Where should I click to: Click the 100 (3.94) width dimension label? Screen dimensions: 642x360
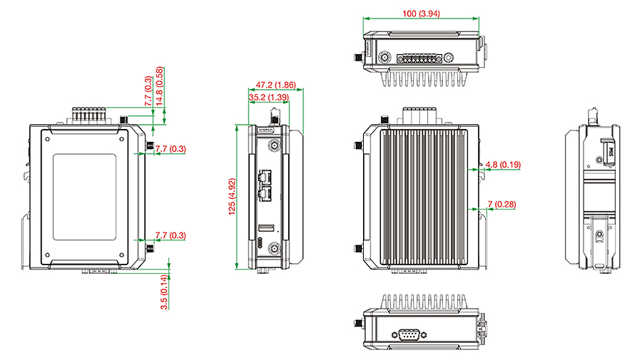click(x=421, y=14)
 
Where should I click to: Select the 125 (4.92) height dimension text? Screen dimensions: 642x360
click(x=232, y=197)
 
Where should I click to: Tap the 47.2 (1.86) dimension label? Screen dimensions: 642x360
click(x=275, y=85)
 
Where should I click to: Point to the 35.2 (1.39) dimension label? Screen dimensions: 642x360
click(x=269, y=98)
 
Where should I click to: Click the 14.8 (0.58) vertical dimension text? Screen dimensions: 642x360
click(x=159, y=86)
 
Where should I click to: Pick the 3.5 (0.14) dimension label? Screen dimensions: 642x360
click(x=164, y=292)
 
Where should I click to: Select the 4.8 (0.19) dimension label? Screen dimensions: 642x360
click(x=503, y=165)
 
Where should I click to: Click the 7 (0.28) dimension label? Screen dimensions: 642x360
click(x=501, y=204)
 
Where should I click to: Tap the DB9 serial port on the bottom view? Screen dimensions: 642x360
click(x=409, y=334)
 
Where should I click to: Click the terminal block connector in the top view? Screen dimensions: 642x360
click(x=419, y=58)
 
